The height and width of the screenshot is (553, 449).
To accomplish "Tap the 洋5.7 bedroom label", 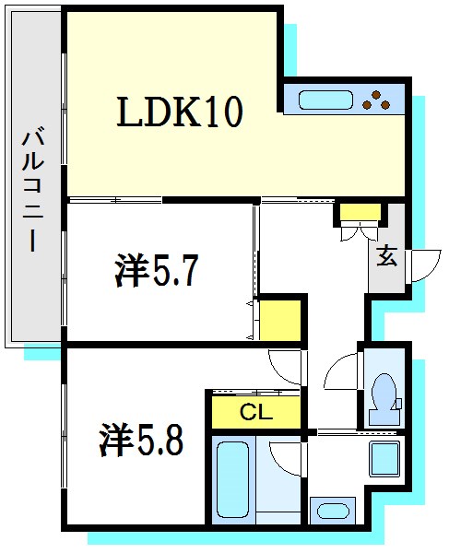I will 155,272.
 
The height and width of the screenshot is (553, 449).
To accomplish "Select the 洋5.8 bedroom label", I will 141,440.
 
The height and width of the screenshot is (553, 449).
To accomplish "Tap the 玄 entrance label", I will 385,258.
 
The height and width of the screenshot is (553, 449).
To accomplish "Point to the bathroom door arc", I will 286,456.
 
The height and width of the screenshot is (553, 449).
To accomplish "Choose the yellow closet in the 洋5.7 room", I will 279,319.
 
